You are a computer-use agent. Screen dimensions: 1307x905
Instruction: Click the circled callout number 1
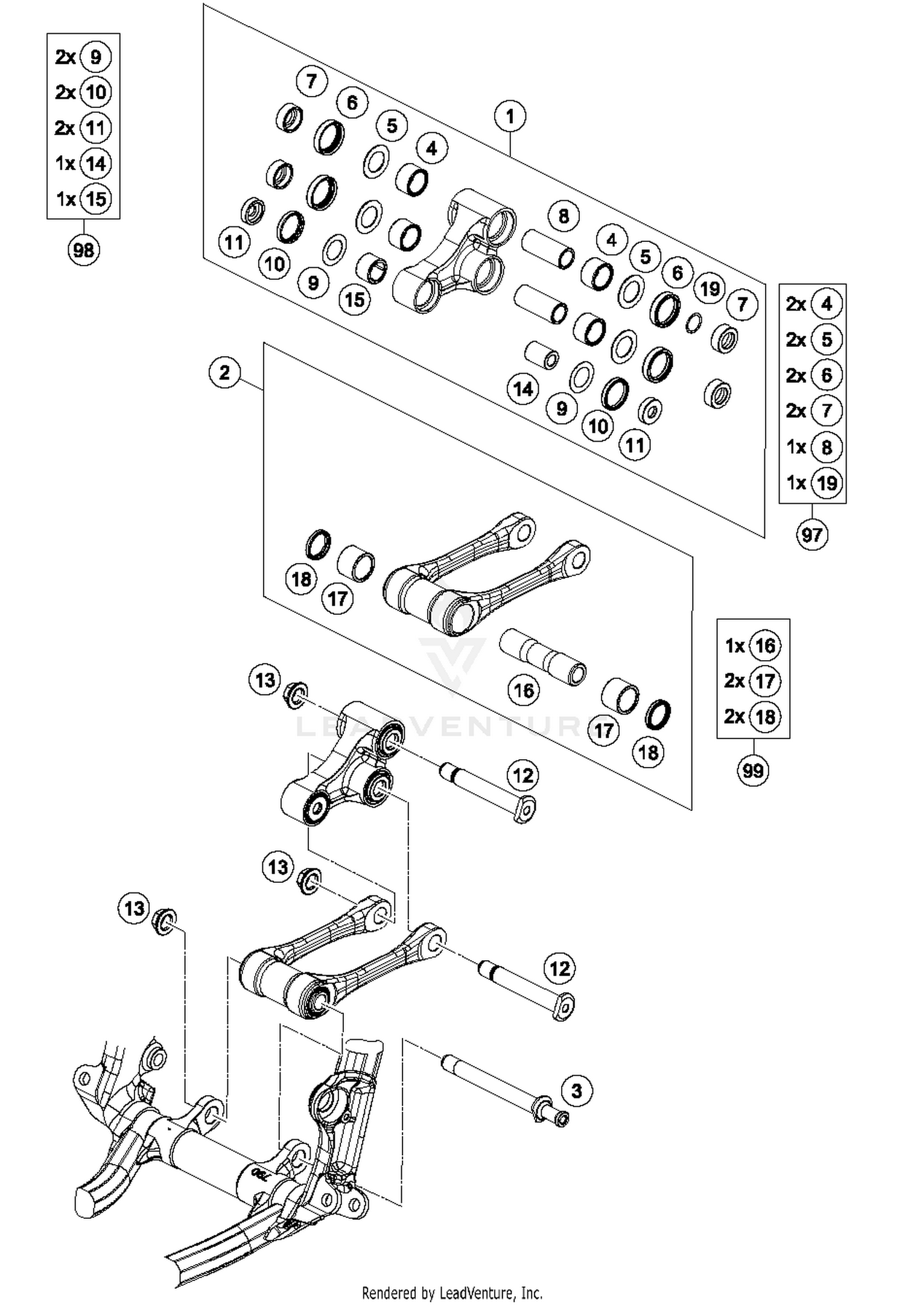click(x=510, y=116)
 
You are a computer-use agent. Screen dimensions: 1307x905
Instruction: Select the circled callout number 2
click(x=224, y=372)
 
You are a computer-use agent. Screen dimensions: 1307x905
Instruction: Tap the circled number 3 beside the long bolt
click(x=577, y=1091)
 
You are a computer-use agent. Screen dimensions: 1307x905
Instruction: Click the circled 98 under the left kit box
click(x=83, y=249)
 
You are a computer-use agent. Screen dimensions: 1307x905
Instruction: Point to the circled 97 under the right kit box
click(x=811, y=535)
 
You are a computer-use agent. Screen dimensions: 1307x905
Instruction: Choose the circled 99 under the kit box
click(x=752, y=771)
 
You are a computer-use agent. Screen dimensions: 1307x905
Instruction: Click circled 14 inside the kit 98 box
click(x=95, y=164)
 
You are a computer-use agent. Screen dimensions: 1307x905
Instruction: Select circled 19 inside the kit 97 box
click(x=826, y=483)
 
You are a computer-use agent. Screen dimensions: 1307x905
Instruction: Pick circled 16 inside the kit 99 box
click(x=764, y=646)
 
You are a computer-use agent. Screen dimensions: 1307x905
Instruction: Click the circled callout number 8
click(x=564, y=216)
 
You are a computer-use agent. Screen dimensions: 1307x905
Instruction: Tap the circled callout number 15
click(x=354, y=299)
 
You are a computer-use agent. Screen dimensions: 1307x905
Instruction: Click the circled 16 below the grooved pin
click(x=523, y=690)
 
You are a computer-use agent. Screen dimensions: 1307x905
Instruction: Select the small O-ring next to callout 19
click(x=694, y=323)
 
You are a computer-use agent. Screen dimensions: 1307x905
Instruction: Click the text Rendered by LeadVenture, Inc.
click(x=452, y=1293)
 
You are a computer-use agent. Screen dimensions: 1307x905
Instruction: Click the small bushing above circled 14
click(x=541, y=355)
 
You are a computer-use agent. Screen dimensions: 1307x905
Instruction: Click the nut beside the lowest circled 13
click(x=164, y=921)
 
